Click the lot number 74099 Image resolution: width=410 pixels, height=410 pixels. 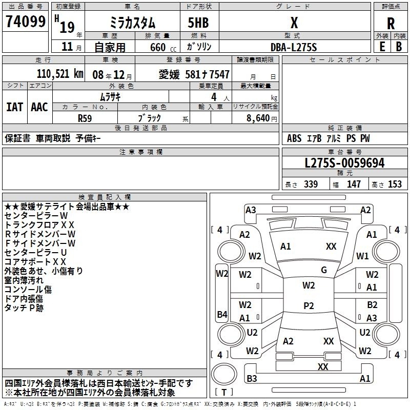[25, 22]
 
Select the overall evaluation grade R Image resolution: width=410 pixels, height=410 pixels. [391, 23]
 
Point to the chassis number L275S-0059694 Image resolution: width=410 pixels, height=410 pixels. [344, 163]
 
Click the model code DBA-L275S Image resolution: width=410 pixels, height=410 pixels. [294, 47]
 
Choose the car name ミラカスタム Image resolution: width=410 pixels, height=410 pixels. [133, 23]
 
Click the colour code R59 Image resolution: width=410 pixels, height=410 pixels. [85, 117]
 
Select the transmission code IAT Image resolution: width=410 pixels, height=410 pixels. [14, 107]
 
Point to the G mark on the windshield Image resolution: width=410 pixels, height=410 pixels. [324, 270]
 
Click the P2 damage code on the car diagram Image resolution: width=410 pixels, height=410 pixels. [309, 306]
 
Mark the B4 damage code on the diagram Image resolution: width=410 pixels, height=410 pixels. [222, 314]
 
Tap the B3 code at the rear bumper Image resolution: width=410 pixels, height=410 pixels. [252, 379]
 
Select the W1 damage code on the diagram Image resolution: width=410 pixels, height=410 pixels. [363, 255]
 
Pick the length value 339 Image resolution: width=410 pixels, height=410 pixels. [311, 184]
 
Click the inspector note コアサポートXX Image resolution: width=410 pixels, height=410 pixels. [35, 261]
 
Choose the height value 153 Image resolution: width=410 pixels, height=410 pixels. [395, 184]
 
